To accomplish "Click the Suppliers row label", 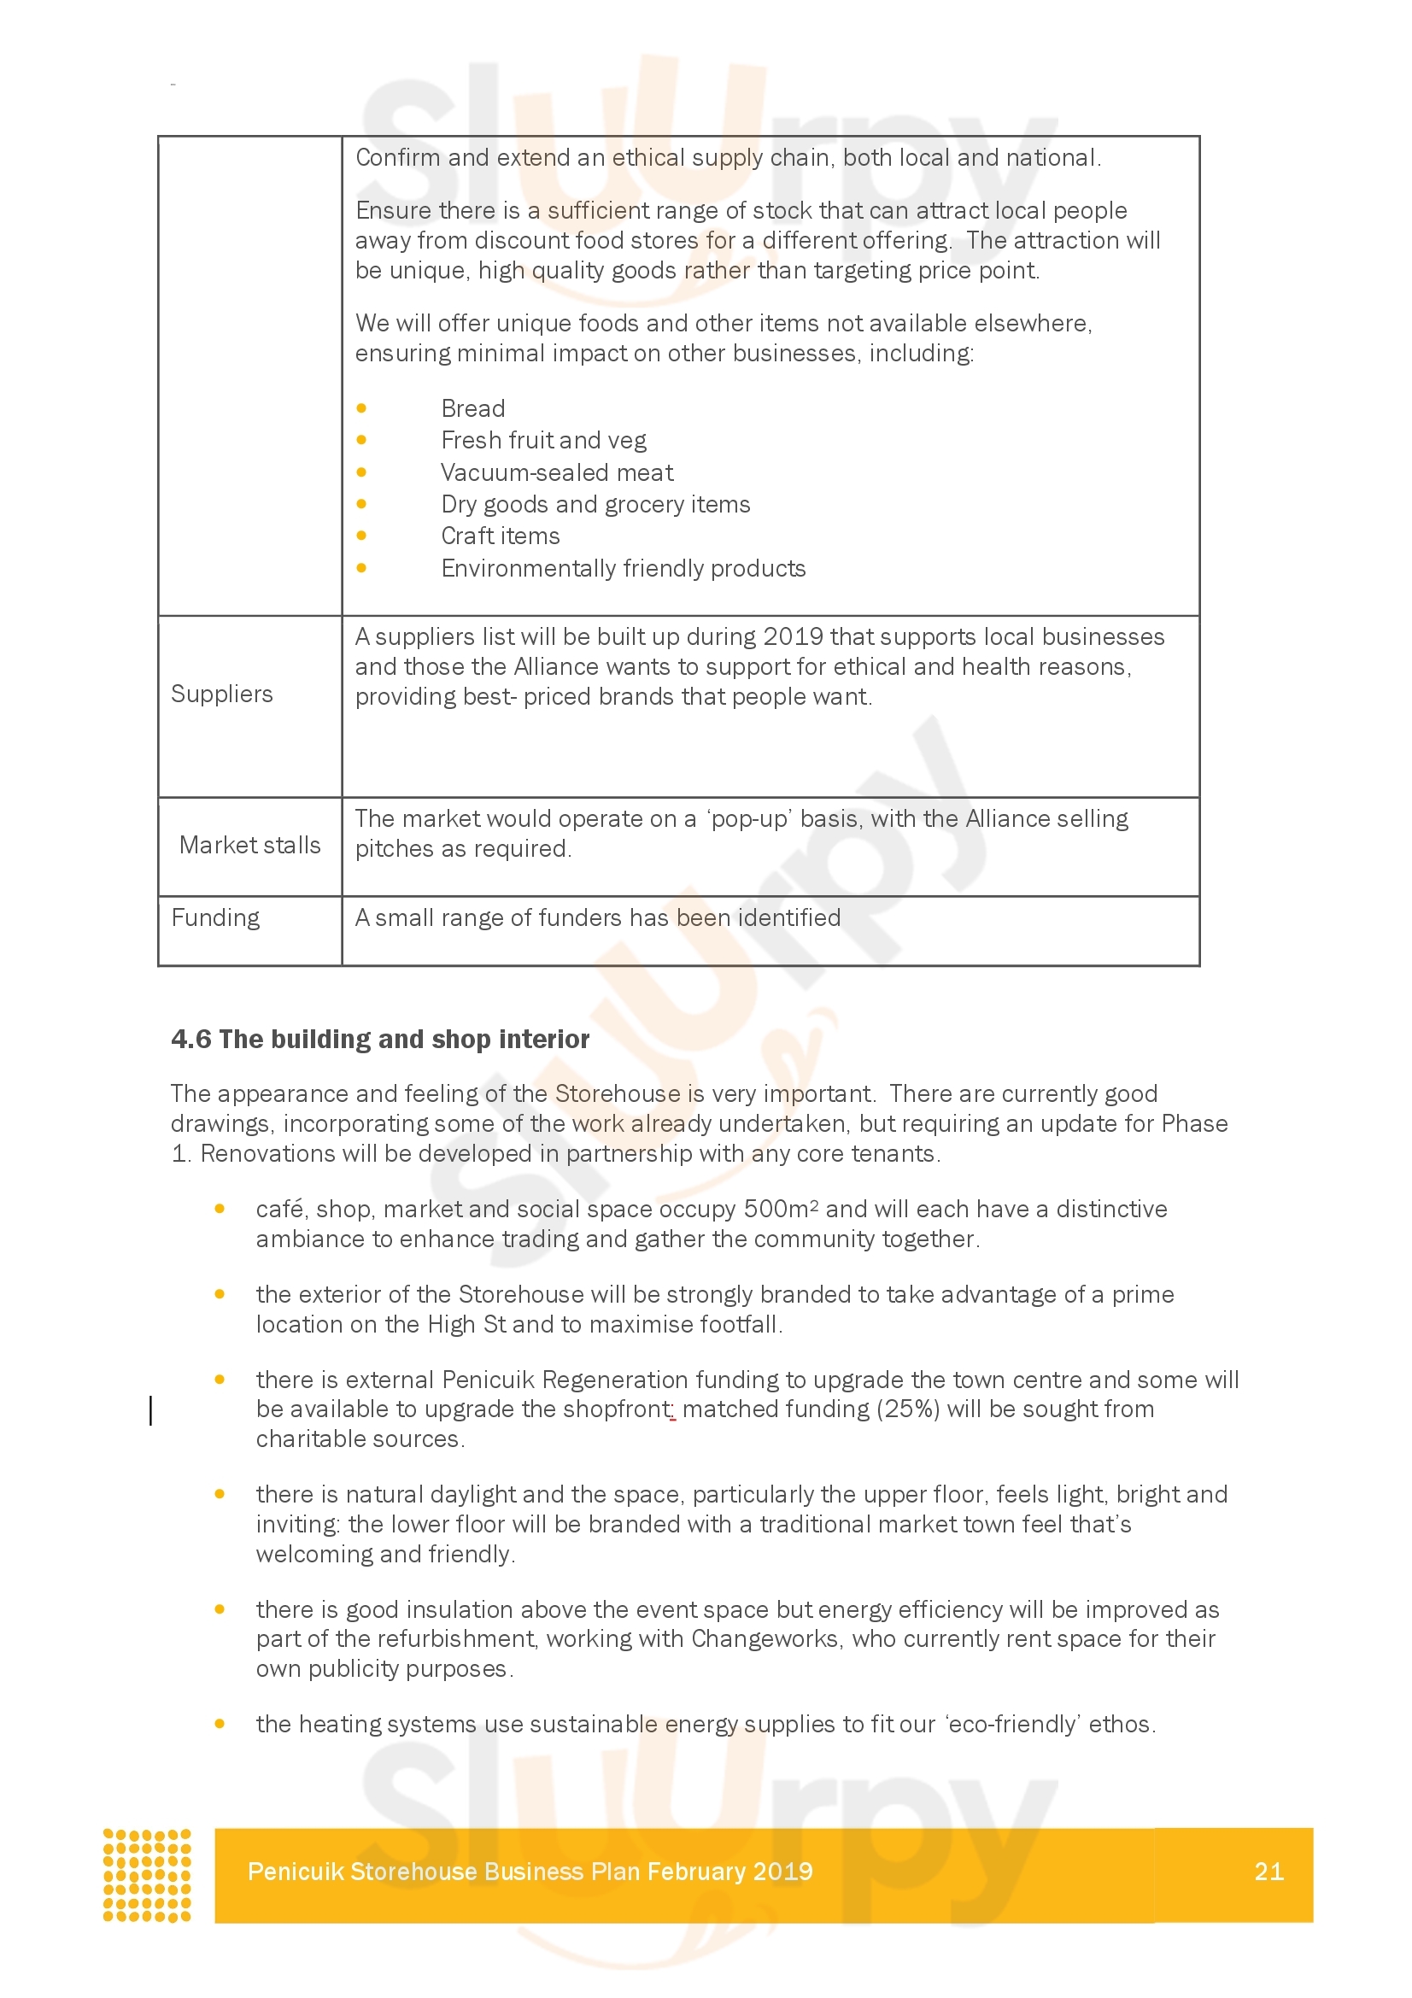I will click(222, 694).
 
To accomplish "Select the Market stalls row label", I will click(249, 845).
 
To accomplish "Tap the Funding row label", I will click(216, 917).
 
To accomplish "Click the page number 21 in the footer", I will click(1268, 1871).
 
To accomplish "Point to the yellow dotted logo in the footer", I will click(147, 1874).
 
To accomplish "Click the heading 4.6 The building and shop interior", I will click(380, 1039).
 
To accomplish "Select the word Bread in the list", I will click(473, 408).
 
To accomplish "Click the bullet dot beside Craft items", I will click(362, 536).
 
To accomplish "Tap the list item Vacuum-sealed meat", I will click(557, 472).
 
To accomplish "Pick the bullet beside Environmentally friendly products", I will click(362, 568).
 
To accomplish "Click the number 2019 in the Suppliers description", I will click(794, 636).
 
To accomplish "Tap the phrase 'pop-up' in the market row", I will click(748, 819).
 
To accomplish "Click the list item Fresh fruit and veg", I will click(544, 440).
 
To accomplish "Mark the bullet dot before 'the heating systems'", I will click(220, 1724).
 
